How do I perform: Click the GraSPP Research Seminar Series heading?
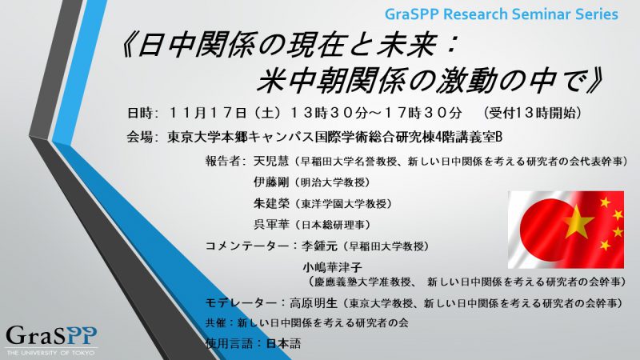[x=502, y=14]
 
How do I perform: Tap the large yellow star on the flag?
[x=578, y=221]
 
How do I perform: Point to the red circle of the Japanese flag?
[x=544, y=228]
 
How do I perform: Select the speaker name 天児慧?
[x=271, y=161]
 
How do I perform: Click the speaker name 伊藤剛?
[x=271, y=182]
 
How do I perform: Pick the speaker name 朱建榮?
[x=271, y=203]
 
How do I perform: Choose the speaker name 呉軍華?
[x=271, y=224]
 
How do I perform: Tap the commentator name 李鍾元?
[x=319, y=246]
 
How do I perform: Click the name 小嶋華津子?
[x=332, y=267]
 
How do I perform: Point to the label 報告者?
[x=223, y=161]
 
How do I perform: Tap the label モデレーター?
[x=241, y=303]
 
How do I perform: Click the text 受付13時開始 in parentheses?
[x=531, y=113]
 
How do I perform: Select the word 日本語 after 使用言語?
[x=283, y=343]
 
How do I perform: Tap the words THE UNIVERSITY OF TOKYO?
[x=50, y=353]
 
